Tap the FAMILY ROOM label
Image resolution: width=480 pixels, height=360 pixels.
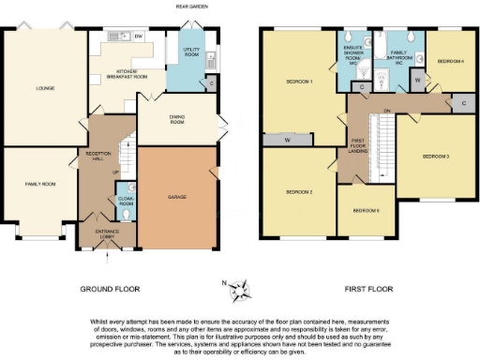(38, 185)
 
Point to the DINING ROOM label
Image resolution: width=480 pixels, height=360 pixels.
(182, 118)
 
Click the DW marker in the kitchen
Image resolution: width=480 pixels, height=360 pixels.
(138, 37)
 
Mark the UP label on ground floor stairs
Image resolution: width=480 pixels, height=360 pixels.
(115, 172)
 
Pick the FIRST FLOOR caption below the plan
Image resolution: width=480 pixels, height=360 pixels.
(367, 289)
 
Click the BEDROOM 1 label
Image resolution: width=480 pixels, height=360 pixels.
(298, 82)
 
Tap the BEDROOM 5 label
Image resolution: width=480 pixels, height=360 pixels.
(367, 211)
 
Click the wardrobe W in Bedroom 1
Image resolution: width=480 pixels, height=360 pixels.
(288, 141)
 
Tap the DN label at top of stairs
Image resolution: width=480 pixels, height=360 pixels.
(385, 109)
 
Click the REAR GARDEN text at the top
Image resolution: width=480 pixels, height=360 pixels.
(191, 7)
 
